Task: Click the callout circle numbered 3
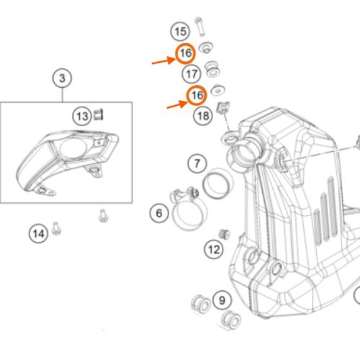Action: [62, 78]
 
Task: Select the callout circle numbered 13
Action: [82, 117]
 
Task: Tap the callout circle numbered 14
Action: [38, 234]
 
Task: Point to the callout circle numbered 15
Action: [180, 32]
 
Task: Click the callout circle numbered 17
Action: [192, 74]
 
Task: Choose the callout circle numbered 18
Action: [203, 116]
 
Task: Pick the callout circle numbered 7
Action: [197, 163]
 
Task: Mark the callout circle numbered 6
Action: [159, 213]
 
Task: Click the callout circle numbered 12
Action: [214, 250]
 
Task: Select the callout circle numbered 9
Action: [222, 300]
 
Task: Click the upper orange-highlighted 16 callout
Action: [185, 53]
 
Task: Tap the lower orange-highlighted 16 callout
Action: [197, 95]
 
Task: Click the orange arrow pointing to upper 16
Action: [163, 60]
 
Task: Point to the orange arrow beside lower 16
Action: [177, 104]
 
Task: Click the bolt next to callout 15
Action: [199, 27]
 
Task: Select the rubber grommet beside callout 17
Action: [212, 68]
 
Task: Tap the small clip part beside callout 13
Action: [99, 114]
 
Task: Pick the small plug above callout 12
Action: [224, 234]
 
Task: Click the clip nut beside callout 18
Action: [223, 107]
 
